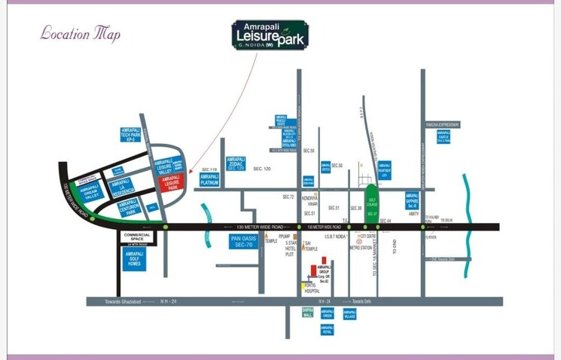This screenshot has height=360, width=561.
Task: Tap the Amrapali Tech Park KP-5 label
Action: coord(131,135)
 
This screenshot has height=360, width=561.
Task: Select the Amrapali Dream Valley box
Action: coord(90,191)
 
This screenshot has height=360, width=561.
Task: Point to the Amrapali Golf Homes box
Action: coord(135,259)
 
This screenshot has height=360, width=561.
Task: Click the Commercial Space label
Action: coord(136,239)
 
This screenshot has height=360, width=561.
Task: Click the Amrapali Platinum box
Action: coord(209,179)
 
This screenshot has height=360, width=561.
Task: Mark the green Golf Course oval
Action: coord(372,202)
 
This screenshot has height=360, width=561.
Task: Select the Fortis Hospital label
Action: coord(312,287)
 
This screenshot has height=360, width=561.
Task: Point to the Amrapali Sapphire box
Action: coord(412,200)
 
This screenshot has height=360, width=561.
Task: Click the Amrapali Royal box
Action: coord(327,330)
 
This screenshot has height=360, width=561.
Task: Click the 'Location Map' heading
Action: coord(80,33)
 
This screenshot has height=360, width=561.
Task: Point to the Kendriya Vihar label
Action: coord(311,200)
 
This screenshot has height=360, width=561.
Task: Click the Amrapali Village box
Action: coord(349,314)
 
